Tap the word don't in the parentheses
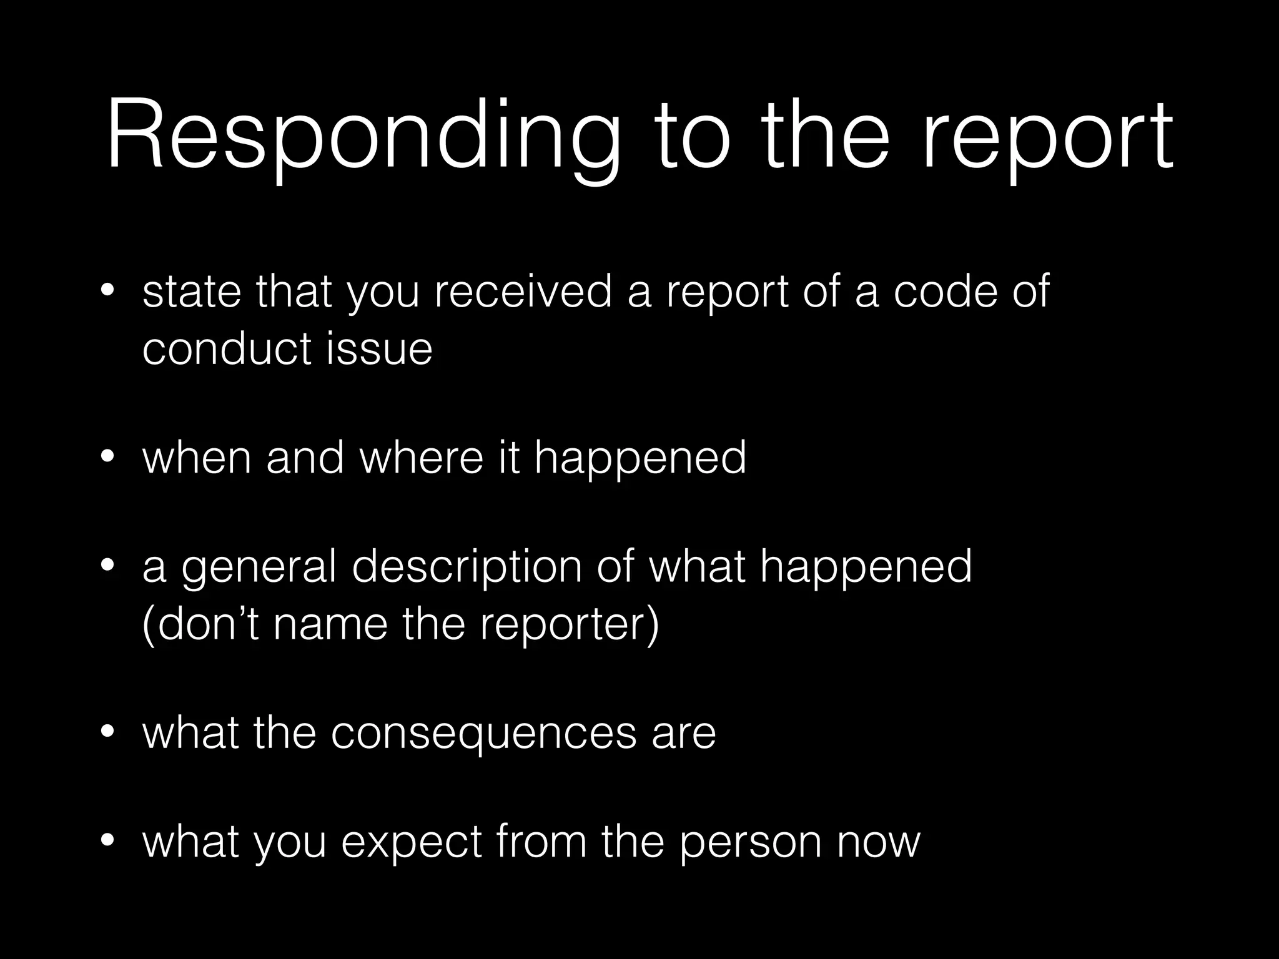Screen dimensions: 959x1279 click(x=202, y=624)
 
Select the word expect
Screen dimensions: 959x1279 click(x=412, y=842)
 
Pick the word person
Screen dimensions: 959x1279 click(x=750, y=842)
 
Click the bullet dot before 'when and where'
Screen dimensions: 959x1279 click(x=107, y=458)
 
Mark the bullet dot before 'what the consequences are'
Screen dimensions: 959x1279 click(x=107, y=732)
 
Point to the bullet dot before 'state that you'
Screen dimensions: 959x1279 click(x=107, y=290)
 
